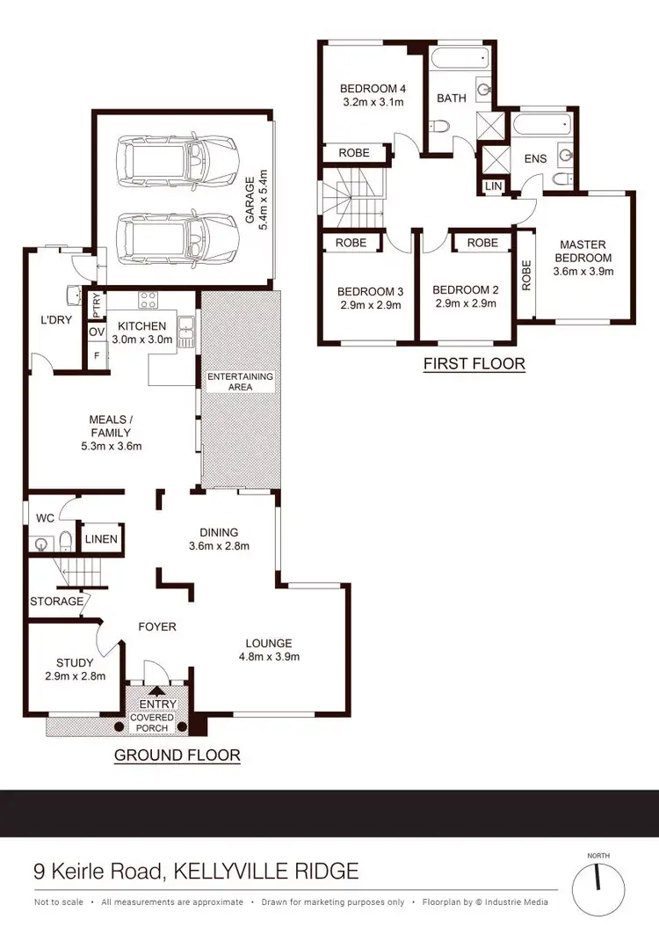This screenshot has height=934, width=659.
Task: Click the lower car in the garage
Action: [x=178, y=238]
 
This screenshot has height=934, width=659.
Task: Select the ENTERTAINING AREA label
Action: [x=240, y=382]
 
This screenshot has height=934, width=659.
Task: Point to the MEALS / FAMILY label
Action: [x=109, y=426]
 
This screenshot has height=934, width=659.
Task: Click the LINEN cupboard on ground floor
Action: [x=101, y=538]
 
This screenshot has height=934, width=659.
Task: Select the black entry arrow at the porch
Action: [x=159, y=691]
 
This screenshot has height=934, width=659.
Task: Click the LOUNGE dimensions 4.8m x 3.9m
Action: [x=270, y=656]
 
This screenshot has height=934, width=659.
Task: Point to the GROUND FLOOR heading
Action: [x=177, y=755]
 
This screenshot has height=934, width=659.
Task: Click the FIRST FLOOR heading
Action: [x=474, y=363]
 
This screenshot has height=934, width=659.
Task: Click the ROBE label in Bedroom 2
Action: [x=482, y=243]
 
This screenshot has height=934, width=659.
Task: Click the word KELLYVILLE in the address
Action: [x=233, y=872]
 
